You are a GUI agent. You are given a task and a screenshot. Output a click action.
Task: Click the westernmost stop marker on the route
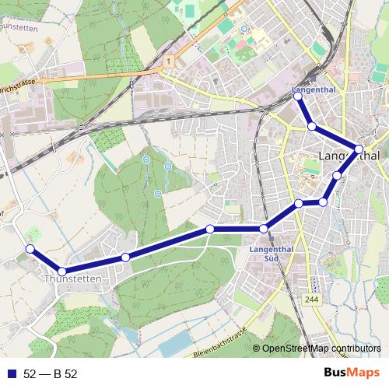point(30,248)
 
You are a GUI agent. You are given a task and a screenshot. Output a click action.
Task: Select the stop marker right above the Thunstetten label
point(62,271)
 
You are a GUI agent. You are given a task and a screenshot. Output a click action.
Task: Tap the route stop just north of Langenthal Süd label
point(264,229)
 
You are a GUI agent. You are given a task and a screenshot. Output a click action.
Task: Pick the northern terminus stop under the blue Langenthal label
point(297,96)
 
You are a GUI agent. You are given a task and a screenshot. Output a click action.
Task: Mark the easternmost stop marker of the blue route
point(359,148)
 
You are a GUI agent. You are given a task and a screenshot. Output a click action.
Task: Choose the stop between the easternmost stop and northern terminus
point(311,126)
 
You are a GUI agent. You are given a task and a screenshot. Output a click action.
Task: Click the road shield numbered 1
point(167,61)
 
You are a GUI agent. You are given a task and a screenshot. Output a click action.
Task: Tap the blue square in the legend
point(11,373)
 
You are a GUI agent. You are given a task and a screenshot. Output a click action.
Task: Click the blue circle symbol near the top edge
point(244,29)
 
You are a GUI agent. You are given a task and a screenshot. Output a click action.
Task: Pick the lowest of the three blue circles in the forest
point(158,193)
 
